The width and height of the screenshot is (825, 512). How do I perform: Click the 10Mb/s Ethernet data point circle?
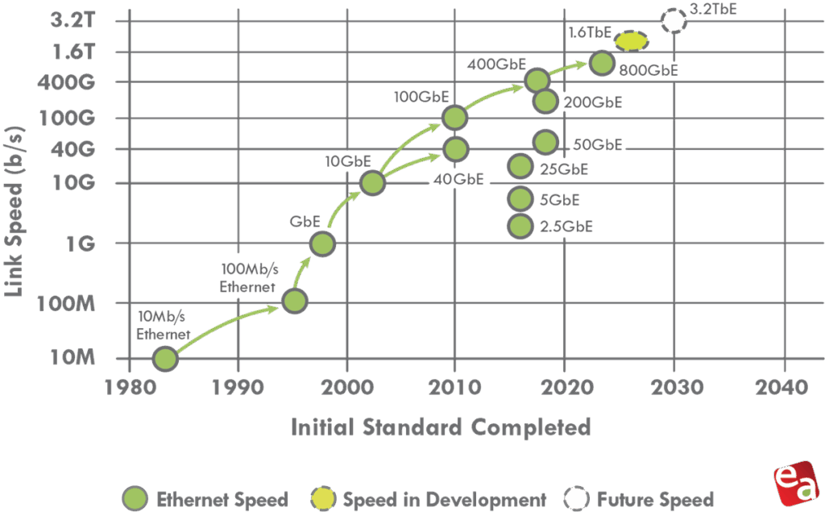[x=164, y=358]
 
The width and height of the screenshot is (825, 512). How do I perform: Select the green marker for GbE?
[x=321, y=243]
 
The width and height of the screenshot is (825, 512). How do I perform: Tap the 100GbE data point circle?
[x=455, y=118]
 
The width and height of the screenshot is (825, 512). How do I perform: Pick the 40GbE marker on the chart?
[x=455, y=148]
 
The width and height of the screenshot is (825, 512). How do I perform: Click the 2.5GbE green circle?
[x=520, y=227]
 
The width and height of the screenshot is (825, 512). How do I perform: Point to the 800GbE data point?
[x=601, y=63]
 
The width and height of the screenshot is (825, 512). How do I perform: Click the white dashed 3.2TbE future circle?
[x=674, y=20]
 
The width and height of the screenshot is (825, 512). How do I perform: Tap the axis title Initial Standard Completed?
[x=441, y=426]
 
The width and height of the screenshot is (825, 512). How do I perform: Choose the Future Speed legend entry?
[x=641, y=499]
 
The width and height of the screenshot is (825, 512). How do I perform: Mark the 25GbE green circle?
[x=520, y=167]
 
